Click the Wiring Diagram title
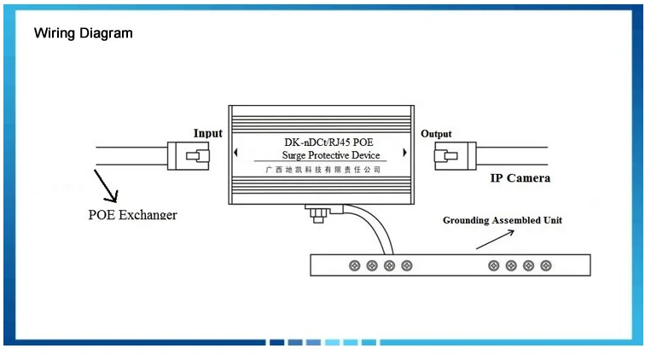click(83, 33)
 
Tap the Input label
click(207, 133)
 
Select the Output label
click(436, 134)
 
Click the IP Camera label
click(520, 178)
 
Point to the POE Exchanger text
click(132, 214)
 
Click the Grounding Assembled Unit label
click(502, 220)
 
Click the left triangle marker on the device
click(236, 154)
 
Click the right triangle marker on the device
click(405, 154)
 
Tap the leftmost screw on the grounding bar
click(354, 266)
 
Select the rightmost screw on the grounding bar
click(545, 266)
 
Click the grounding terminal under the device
click(320, 213)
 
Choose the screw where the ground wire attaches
click(389, 266)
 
